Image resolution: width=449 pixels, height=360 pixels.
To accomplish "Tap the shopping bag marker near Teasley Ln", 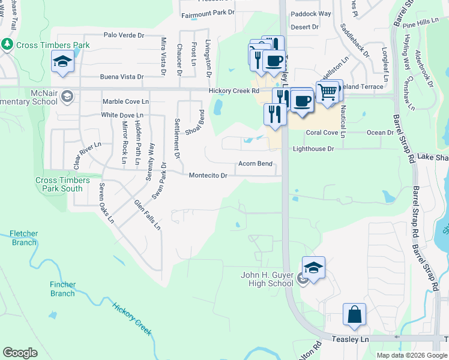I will pyautogui.click(x=354, y=315).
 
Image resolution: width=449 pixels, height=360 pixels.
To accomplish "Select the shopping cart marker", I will pyautogui.click(x=327, y=92).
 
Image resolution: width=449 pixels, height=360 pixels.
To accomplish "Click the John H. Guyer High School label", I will pyautogui.click(x=267, y=279).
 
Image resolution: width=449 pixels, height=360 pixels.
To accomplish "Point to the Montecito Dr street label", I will pyautogui.click(x=208, y=176).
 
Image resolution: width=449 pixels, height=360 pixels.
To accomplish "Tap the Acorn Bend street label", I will pyautogui.click(x=256, y=163).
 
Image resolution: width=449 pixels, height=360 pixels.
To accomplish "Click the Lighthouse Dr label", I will pyautogui.click(x=313, y=149).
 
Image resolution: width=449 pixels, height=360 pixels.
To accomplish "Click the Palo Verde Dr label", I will pyautogui.click(x=124, y=35).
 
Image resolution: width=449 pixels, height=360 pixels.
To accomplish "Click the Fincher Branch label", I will pyautogui.click(x=62, y=289).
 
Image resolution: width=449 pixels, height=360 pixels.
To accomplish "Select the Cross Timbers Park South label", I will pyautogui.click(x=62, y=184).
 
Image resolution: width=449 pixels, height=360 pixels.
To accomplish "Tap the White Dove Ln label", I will pyautogui.click(x=122, y=115).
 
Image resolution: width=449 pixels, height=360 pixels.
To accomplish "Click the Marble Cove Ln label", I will pyautogui.click(x=125, y=101).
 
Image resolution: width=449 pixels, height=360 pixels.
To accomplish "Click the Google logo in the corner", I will pyautogui.click(x=20, y=353).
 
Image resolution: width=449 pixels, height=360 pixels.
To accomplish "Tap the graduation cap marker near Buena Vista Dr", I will pyautogui.click(x=62, y=62).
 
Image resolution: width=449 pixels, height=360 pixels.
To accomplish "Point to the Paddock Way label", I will pyautogui.click(x=310, y=14).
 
